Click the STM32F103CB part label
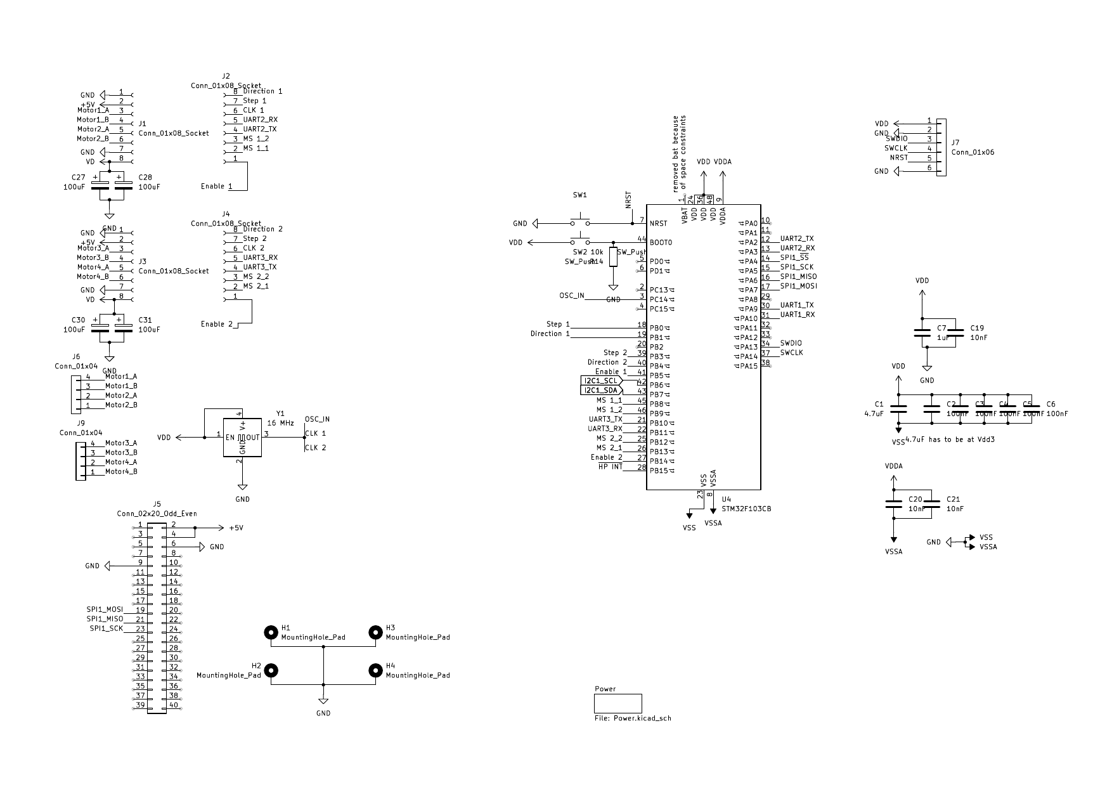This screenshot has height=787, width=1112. pos(746,509)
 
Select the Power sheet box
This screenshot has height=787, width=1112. pos(617,703)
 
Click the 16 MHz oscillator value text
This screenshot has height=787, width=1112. pos(280,422)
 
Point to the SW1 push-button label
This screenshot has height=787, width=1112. pos(580,196)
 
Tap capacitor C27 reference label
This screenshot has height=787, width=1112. pos(78,178)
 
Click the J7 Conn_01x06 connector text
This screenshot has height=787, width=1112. pos(973,152)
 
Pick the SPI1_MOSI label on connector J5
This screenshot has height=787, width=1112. pos(105,609)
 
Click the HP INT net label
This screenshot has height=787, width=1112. pos(611,467)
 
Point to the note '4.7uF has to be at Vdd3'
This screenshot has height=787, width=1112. pos(950,439)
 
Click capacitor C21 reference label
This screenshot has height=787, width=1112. pos(953,500)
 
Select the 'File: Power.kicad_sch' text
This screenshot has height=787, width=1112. pos(633,719)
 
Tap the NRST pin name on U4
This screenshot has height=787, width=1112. pos(658,223)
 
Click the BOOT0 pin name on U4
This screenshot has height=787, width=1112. pos(661,242)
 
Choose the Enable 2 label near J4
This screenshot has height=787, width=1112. pos(216,324)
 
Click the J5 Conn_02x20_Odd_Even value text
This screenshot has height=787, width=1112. pos(157,514)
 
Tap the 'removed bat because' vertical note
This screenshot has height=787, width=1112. pos(676,153)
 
